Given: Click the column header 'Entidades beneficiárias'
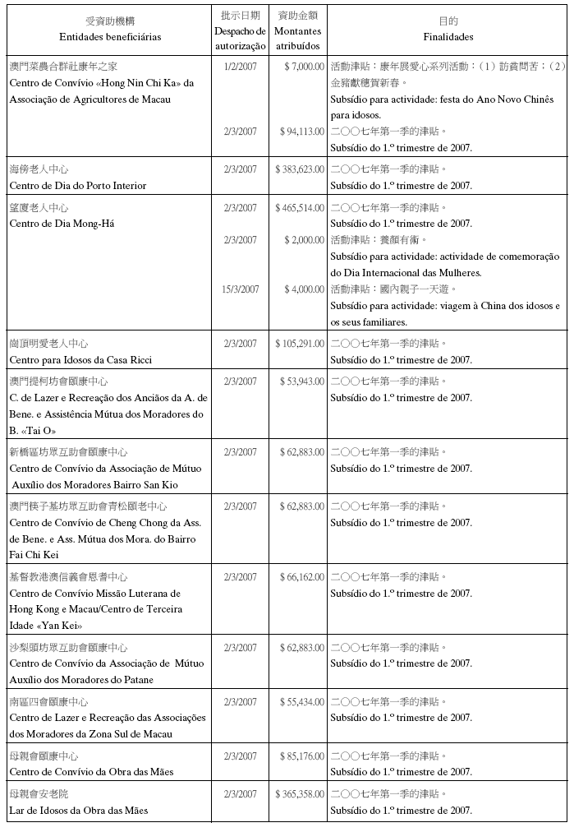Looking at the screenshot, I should pos(110,37).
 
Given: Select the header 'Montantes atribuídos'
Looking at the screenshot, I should pos(298,39).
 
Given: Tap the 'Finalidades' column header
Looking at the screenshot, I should pos(448,37).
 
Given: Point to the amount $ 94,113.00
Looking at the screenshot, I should pos(301,131).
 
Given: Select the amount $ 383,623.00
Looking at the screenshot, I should pos(300,169).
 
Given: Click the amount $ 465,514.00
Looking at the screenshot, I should pos(300,207).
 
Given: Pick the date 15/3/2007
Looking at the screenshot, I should pos(241,289).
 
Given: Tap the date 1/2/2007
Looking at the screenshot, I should pos(241,66).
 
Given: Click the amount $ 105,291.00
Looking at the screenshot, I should pos(300,343).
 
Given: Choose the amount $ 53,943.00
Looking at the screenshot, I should pos(301,381).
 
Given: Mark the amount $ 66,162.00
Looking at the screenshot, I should pos(301,576).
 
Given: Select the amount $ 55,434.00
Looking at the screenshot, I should pos(301,701).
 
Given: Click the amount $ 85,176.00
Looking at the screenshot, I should pos(301,756).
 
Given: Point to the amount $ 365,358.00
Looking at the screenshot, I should pos(300,794).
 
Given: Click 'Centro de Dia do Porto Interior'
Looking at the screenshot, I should pos(77,185).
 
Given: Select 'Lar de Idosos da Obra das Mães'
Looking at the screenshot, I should pos(78,811).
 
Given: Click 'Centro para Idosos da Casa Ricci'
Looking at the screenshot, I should pos(80,359).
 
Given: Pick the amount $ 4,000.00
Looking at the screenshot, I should pos(303,289).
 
